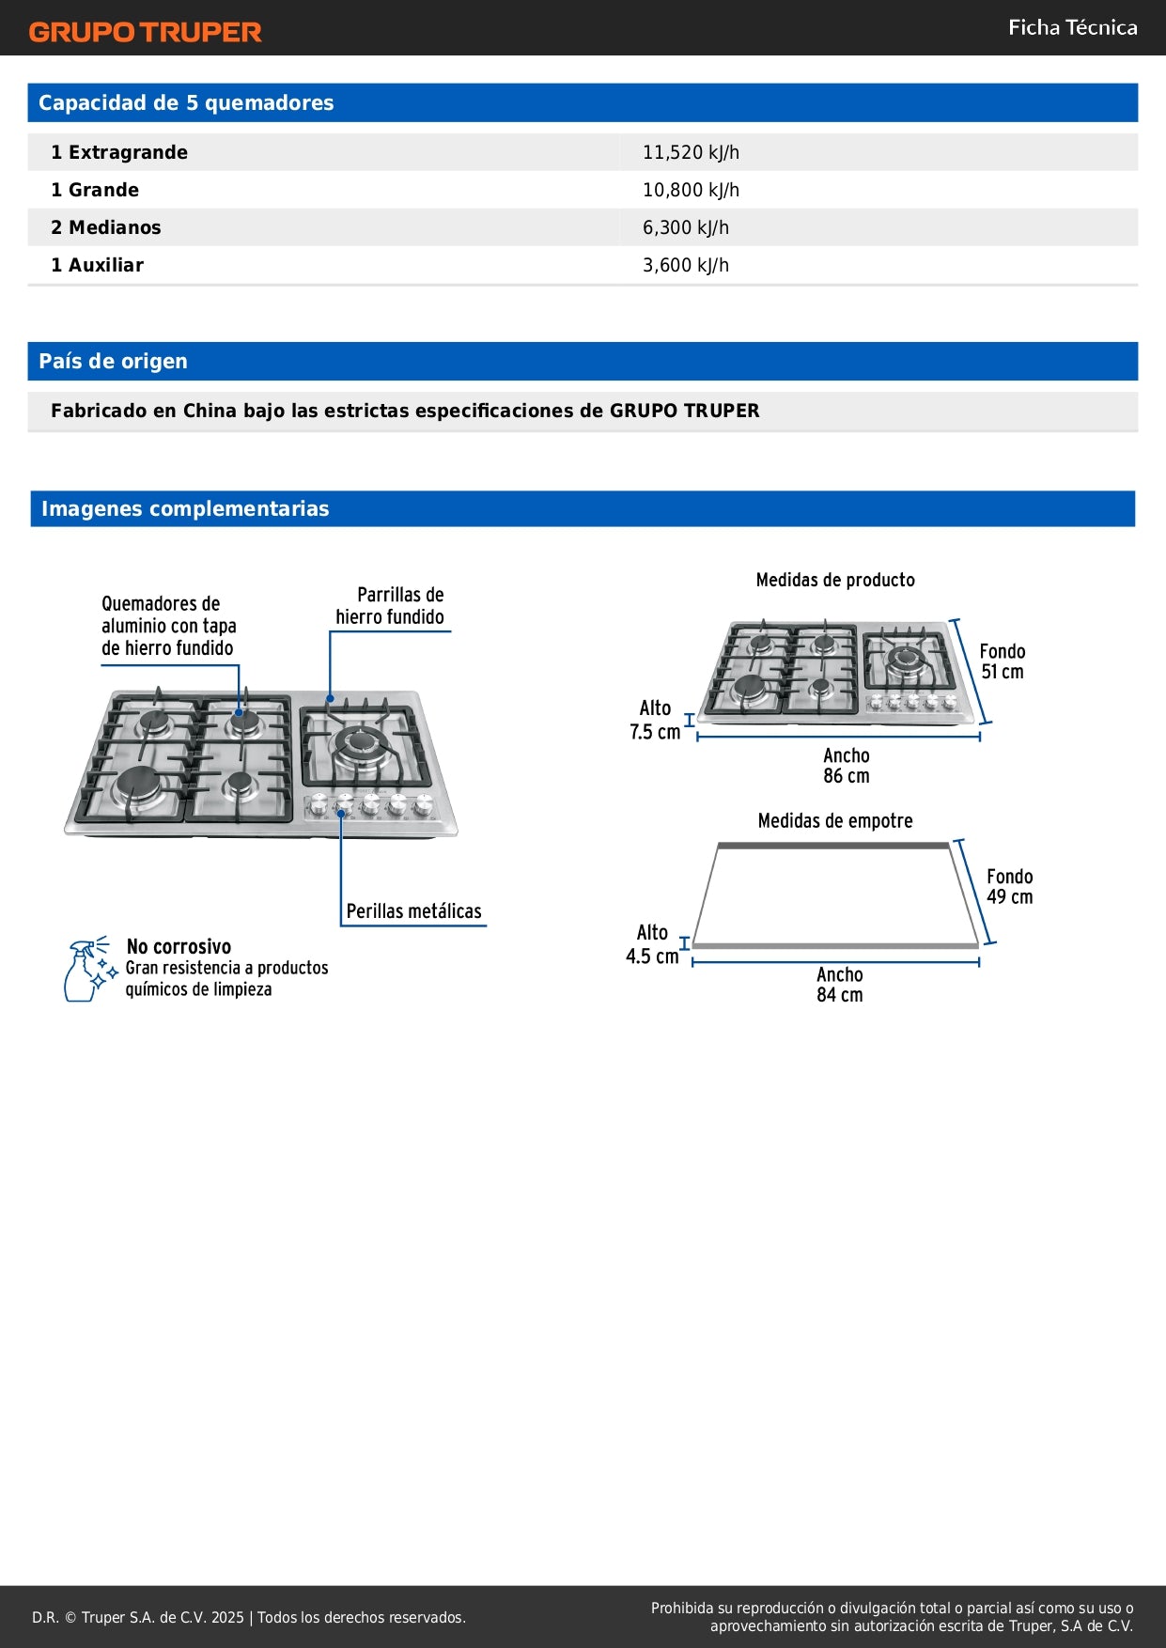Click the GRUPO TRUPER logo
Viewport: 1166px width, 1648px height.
pos(145,32)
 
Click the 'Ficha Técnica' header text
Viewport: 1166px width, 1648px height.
pos(1072,28)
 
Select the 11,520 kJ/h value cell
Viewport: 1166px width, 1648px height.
pos(691,152)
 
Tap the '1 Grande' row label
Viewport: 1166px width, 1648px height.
pos(95,190)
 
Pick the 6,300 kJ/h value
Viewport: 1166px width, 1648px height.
pos(685,227)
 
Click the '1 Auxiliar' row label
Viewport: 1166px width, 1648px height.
pos(97,265)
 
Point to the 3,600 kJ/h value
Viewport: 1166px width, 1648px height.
pos(685,265)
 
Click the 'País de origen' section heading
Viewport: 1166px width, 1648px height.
pos(113,362)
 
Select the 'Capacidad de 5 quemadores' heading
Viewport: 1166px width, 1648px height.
pos(186,103)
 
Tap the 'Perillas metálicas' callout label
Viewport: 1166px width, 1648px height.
pos(413,911)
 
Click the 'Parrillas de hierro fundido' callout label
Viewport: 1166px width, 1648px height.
pos(390,606)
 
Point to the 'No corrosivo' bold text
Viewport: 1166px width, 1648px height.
pos(179,946)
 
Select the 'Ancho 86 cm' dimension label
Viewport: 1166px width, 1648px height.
pos(846,766)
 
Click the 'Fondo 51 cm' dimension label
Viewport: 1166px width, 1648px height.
pos(1002,661)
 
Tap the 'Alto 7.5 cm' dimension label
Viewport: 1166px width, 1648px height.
pos(655,720)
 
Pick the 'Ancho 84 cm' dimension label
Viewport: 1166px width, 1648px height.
pos(839,985)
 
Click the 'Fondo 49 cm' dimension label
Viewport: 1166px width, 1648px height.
pos(1009,886)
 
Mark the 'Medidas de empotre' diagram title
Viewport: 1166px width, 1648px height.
pos(835,821)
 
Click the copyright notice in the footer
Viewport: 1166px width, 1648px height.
pos(249,1617)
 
